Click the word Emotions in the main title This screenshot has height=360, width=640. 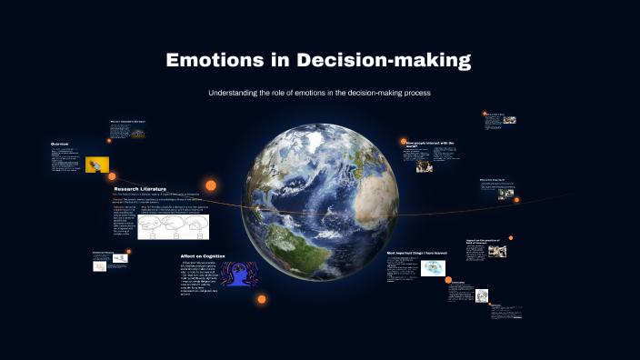pos(215,62)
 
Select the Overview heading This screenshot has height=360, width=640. pos(60,144)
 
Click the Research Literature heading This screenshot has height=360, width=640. pos(140,189)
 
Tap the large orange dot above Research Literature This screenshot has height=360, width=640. pos(211,185)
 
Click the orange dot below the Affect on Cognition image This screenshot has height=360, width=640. pos(262,299)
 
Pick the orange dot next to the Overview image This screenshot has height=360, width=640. pos(113,175)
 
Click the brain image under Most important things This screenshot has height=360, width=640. pos(434,268)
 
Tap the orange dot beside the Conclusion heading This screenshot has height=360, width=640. pos(447,282)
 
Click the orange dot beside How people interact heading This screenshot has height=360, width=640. pos(403,142)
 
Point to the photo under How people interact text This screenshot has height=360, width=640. pos(425,166)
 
